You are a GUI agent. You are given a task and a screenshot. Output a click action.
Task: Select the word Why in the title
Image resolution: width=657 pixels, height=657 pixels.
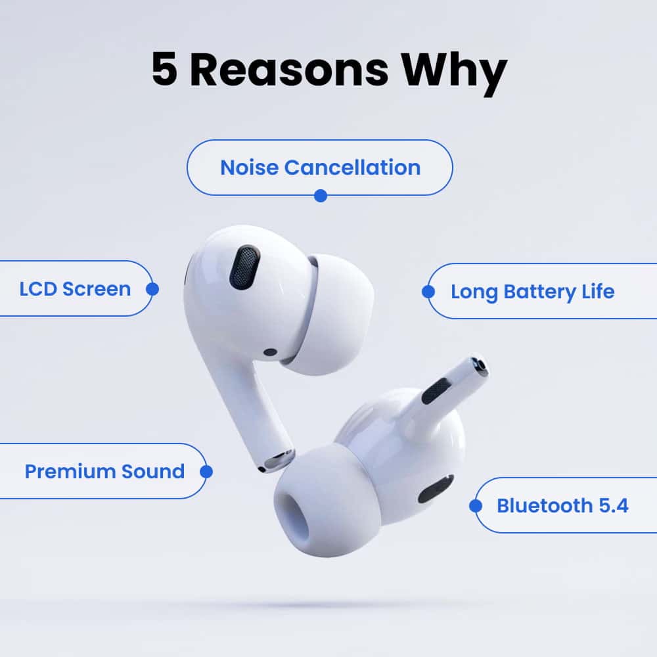(x=454, y=74)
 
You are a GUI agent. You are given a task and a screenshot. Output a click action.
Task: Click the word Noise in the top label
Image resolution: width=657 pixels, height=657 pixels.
(x=249, y=168)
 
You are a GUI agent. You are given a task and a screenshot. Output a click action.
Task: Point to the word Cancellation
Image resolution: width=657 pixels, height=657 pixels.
(x=352, y=168)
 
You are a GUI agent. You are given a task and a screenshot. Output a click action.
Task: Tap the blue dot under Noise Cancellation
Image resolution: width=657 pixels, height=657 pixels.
(x=321, y=196)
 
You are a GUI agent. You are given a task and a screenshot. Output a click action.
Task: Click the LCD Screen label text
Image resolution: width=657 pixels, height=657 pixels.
(x=75, y=289)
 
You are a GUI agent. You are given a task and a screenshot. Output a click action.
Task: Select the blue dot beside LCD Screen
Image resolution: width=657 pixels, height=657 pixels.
(x=152, y=289)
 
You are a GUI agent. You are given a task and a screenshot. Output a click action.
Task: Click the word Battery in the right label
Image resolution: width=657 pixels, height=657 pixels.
(x=539, y=292)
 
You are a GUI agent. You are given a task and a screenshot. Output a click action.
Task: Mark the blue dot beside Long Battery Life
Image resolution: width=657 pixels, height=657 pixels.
(x=428, y=292)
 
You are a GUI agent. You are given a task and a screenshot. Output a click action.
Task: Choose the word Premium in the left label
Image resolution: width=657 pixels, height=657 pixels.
(x=70, y=471)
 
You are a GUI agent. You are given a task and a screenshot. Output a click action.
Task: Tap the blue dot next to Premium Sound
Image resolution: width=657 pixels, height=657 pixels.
(x=206, y=472)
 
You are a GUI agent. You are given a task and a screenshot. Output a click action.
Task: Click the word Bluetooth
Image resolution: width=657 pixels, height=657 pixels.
(x=545, y=506)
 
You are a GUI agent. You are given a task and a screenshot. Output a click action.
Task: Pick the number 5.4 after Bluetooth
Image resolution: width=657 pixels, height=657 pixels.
(x=614, y=506)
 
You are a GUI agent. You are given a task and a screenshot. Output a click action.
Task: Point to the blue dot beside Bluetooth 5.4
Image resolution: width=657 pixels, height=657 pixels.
(x=476, y=506)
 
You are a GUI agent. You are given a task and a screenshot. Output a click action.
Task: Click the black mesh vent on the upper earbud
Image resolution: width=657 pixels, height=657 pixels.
(x=244, y=267)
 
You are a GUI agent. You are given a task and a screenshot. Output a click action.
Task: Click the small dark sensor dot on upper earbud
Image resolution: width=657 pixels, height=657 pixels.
(x=270, y=352)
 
